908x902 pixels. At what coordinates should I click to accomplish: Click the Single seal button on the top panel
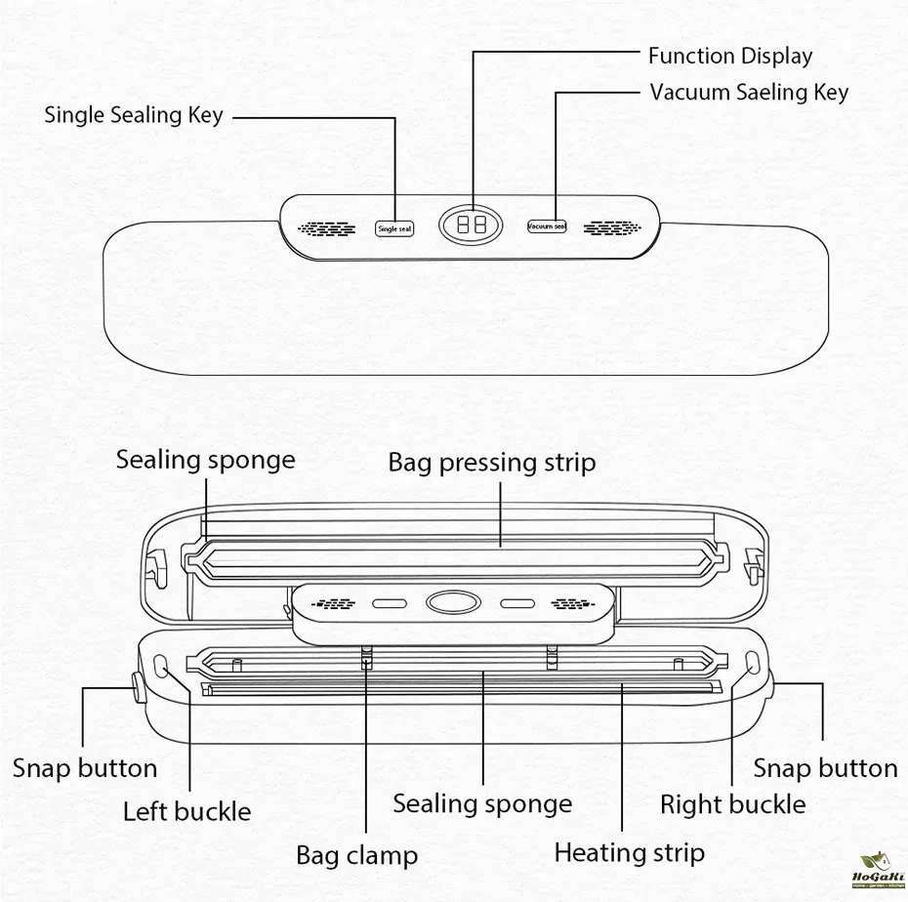pos(394,228)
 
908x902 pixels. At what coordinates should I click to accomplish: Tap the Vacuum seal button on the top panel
pos(547,226)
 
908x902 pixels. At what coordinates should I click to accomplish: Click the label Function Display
pos(729,56)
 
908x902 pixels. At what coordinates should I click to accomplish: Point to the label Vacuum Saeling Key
pos(749,93)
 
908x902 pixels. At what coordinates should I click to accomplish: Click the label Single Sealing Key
pos(134,115)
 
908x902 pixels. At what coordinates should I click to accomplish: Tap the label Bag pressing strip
pos(491,462)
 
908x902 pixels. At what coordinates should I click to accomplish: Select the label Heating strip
pos(629,852)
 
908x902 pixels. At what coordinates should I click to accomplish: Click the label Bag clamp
pos(356,856)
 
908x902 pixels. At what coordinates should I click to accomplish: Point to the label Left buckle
pos(186,811)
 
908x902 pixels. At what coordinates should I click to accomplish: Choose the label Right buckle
pos(732,804)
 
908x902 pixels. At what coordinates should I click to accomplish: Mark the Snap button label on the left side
pos(85,768)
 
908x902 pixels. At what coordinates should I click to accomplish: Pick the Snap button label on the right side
pos(825,768)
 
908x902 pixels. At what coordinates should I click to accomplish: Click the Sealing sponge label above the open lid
pos(205,459)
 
